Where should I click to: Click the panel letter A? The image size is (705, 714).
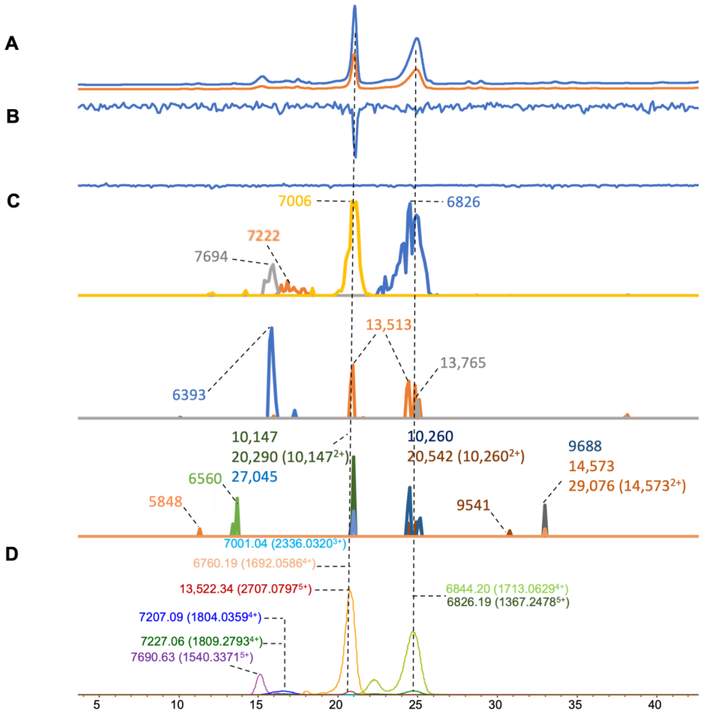(x=11, y=44)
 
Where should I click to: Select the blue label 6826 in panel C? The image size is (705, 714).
(x=463, y=202)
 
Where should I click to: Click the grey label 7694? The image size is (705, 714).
(x=211, y=256)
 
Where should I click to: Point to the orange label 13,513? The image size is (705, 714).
(x=388, y=324)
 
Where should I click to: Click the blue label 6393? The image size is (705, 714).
(x=189, y=395)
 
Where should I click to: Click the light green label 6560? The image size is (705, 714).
(x=205, y=478)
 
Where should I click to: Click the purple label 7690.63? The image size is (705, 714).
(x=192, y=657)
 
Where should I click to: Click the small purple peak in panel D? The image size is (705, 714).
(x=260, y=675)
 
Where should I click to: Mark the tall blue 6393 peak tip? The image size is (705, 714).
(x=271, y=328)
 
